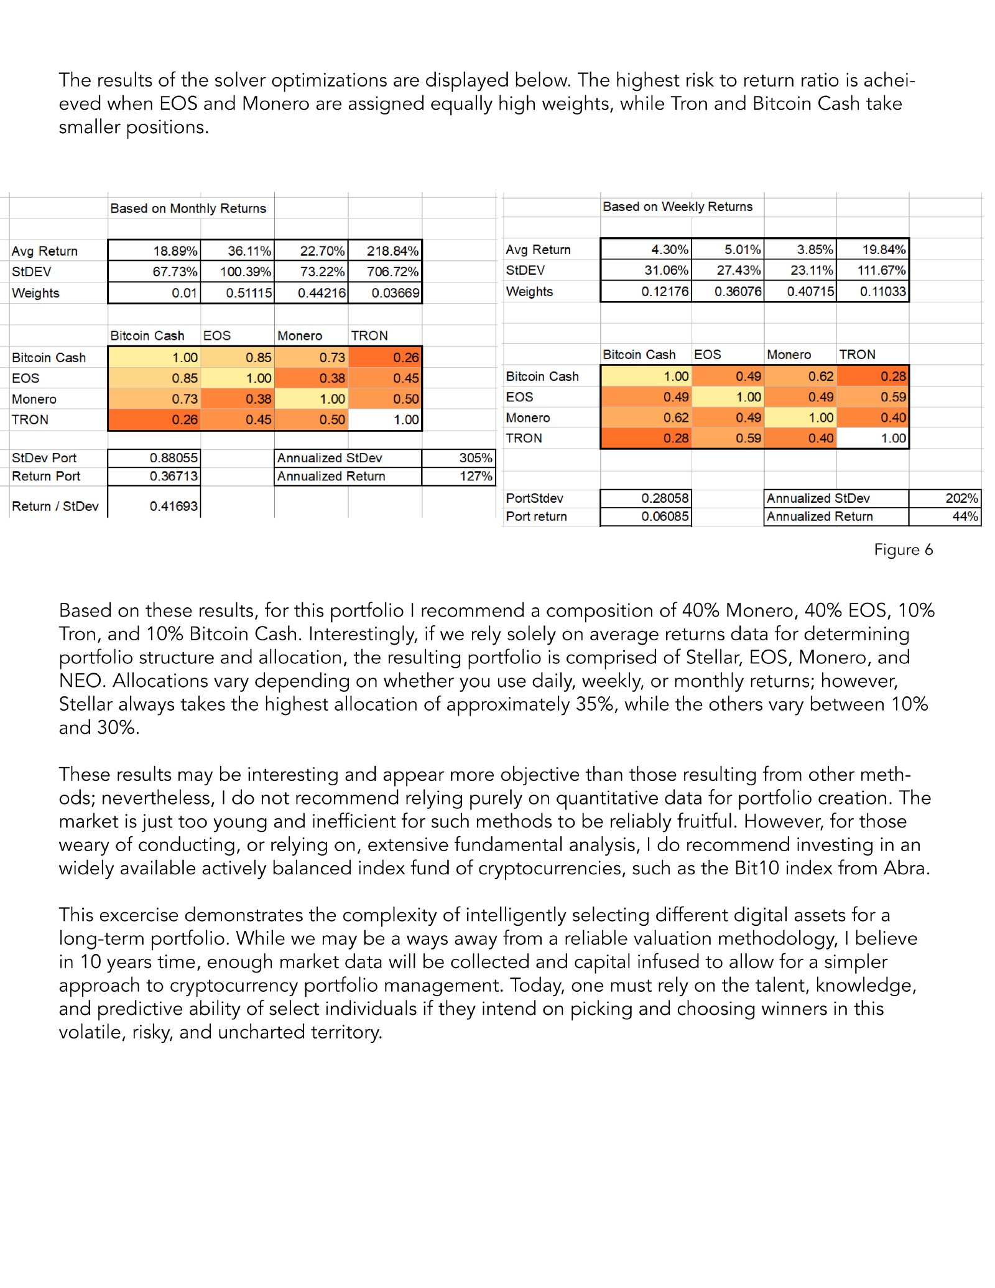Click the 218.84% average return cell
tap(392, 251)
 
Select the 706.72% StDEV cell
tap(392, 272)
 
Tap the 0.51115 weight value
tap(249, 293)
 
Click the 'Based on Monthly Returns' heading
tap(188, 208)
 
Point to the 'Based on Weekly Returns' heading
tap(677, 207)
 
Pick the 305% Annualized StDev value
tap(476, 458)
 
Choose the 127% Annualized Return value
tap(476, 477)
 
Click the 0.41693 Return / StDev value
tap(174, 506)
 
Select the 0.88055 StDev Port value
tap(174, 458)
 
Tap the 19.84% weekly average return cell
tap(884, 250)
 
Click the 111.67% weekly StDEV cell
tap(881, 271)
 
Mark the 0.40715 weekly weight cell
tap(810, 292)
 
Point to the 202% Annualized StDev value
tap(961, 498)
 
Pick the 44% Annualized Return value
tap(965, 516)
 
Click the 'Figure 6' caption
tap(903, 550)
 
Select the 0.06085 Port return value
tap(665, 516)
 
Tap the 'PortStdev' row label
tap(534, 498)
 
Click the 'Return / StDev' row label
tap(55, 506)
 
